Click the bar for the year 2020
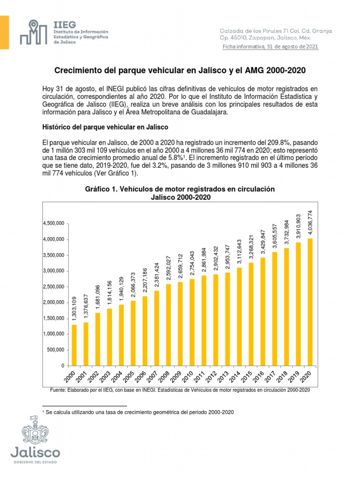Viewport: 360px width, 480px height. tap(310, 302)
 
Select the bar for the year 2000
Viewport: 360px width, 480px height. tap(74, 345)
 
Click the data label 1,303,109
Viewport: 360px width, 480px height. tap(74, 309)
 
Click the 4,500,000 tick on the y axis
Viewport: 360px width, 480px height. tap(53, 224)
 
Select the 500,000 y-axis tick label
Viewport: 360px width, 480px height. tap(55, 350)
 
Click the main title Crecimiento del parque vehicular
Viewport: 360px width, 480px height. tap(180, 70)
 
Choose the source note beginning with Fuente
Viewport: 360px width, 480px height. tap(180, 390)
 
